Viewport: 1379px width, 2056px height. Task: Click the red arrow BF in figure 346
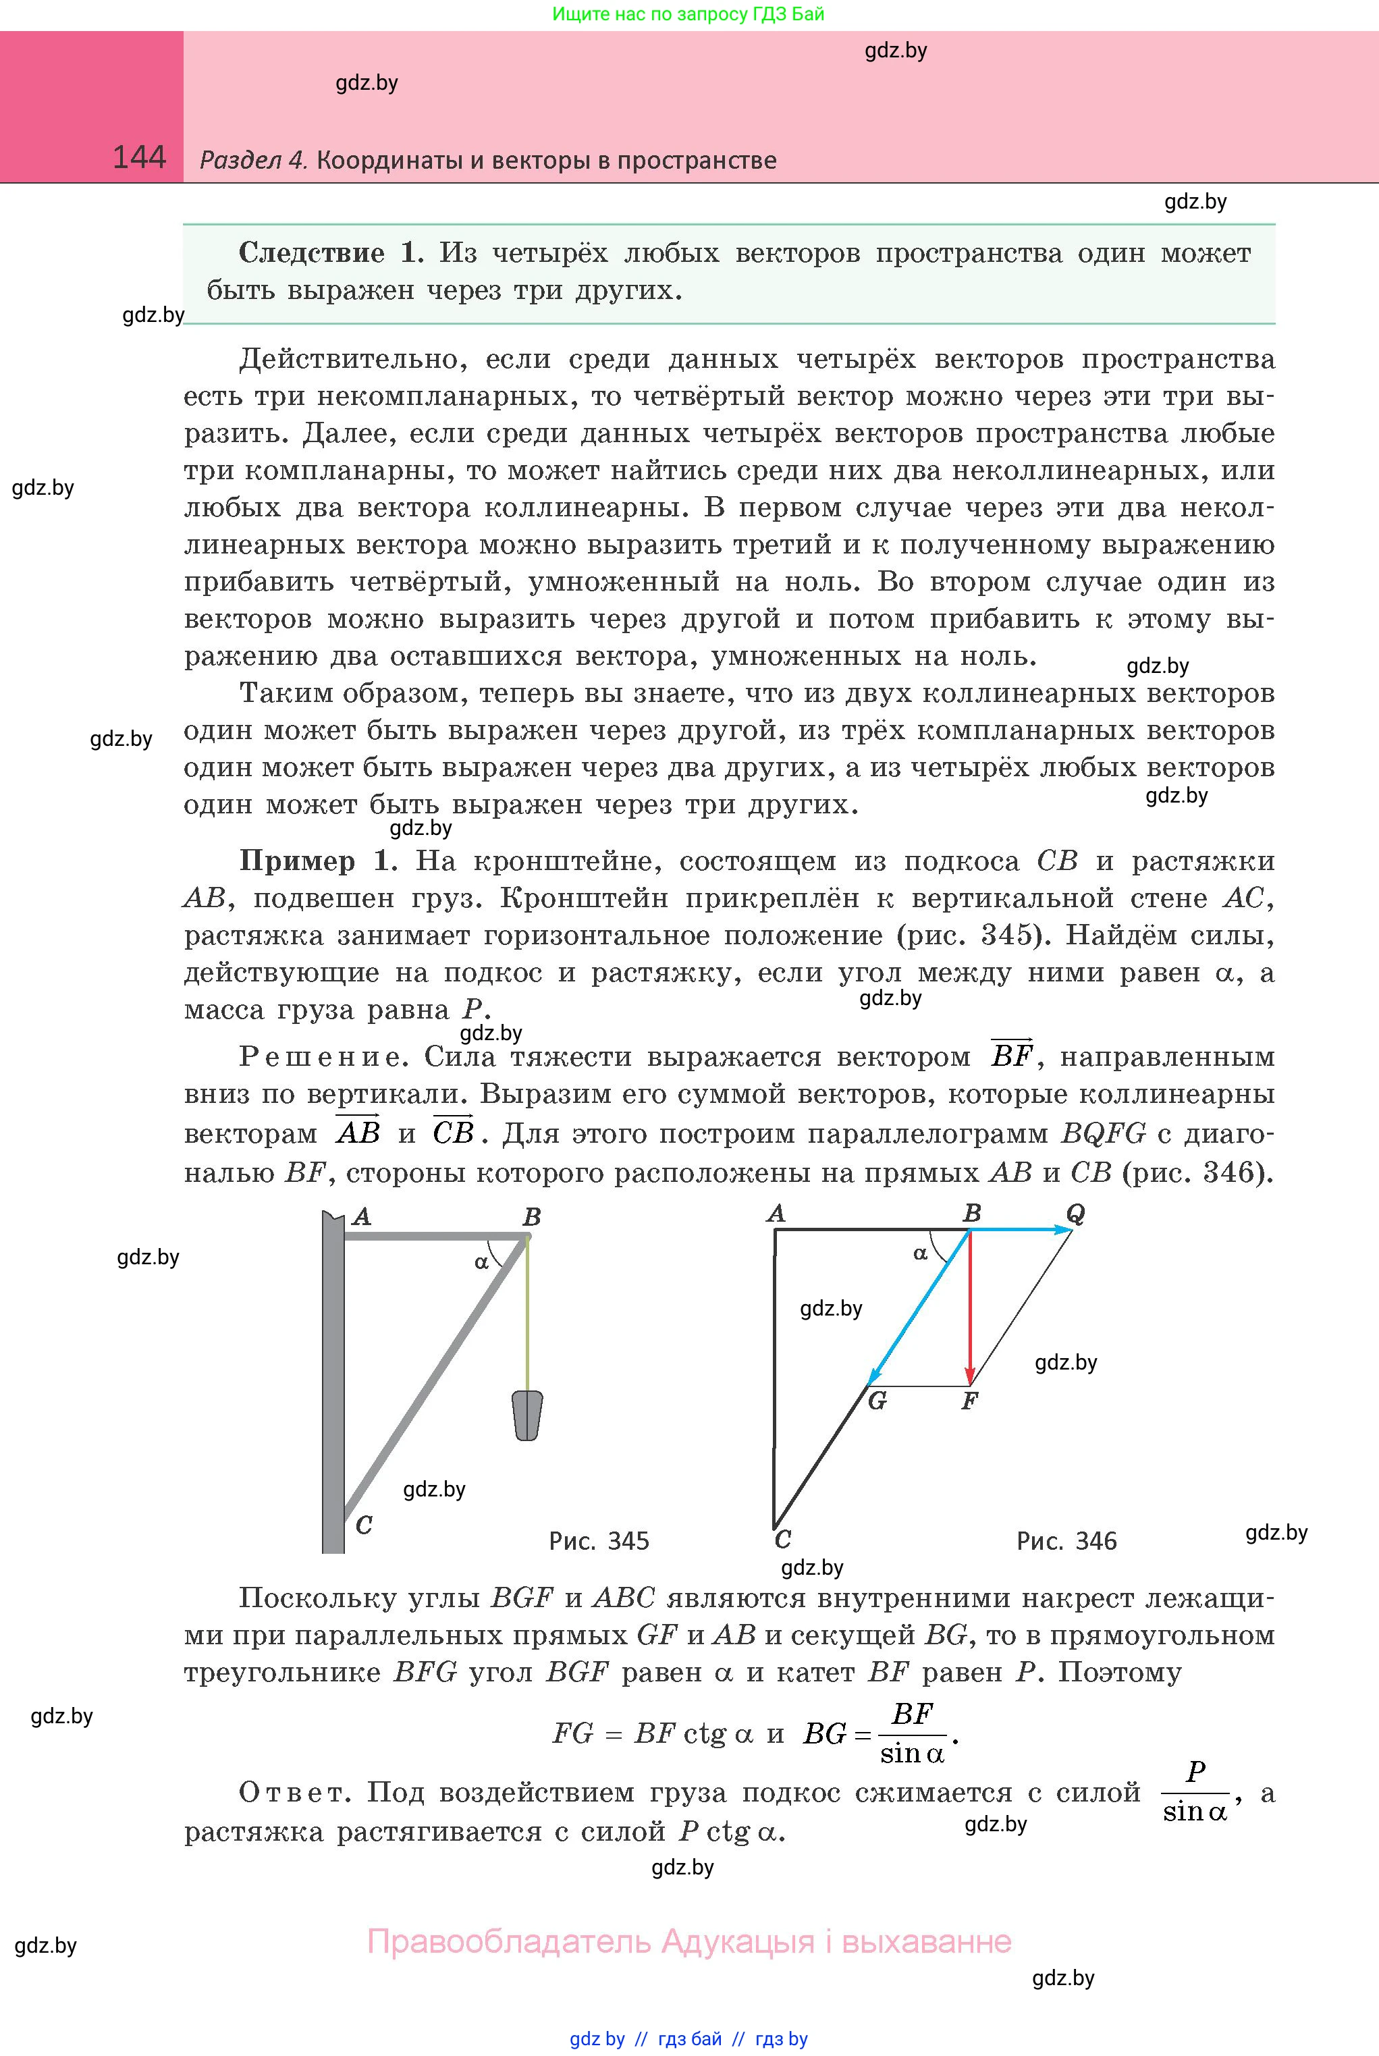(970, 1310)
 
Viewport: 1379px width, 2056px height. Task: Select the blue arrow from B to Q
(1020, 1230)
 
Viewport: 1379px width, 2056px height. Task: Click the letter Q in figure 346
(1075, 1214)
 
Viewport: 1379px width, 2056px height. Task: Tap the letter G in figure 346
(877, 1401)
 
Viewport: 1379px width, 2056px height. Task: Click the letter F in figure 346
(969, 1401)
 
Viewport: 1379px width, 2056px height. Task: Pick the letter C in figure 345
(363, 1525)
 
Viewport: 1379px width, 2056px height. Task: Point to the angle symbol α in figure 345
(481, 1263)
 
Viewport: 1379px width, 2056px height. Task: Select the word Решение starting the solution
(322, 1057)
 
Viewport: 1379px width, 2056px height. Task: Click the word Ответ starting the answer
(294, 1792)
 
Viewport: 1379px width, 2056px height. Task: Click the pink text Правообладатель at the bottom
(511, 1941)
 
